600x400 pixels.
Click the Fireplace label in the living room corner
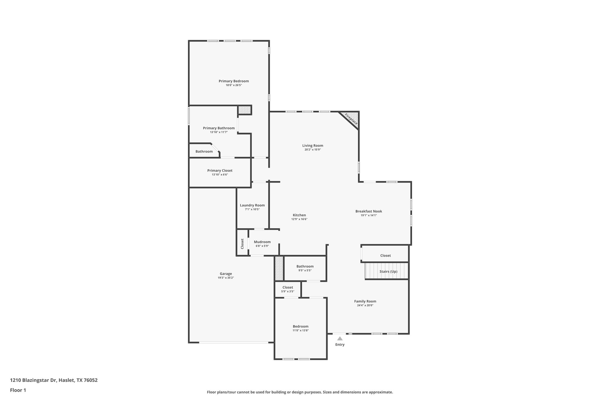click(351, 119)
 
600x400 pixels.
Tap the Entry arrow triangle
click(340, 338)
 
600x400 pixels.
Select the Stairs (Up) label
click(388, 271)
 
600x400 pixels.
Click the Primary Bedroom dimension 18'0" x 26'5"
click(233, 85)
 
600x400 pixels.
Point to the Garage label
click(226, 274)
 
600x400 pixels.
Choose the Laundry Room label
click(252, 205)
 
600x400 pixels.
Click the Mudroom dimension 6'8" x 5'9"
click(262, 246)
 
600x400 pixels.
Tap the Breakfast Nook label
click(369, 211)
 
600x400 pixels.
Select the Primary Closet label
click(220, 171)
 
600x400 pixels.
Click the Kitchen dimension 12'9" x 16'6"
click(299, 219)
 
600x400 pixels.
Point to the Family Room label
click(365, 301)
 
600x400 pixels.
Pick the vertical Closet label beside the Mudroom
click(242, 244)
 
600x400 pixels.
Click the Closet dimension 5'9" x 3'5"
click(288, 292)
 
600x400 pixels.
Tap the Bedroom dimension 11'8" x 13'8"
click(301, 331)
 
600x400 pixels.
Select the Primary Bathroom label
click(219, 128)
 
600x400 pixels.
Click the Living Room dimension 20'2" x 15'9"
click(313, 150)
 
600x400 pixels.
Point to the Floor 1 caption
click(18, 390)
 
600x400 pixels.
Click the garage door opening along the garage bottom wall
click(233, 342)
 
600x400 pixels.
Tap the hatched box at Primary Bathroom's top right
click(244, 110)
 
